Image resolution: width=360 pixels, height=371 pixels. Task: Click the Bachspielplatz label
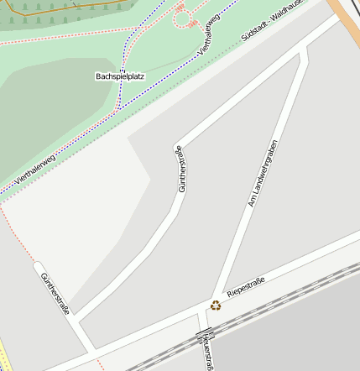[x=120, y=76]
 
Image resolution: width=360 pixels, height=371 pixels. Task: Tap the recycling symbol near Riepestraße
[x=216, y=306]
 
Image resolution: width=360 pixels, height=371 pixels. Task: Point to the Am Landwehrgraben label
[x=262, y=173]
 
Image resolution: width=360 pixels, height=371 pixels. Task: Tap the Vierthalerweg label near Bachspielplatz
[x=209, y=35]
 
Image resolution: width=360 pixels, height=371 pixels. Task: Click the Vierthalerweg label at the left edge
[x=34, y=165]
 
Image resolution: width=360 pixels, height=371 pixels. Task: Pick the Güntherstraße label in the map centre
[x=179, y=169]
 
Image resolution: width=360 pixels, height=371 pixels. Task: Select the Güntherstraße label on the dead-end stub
[x=55, y=293]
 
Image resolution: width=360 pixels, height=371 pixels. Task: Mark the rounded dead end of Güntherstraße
[x=39, y=268]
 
